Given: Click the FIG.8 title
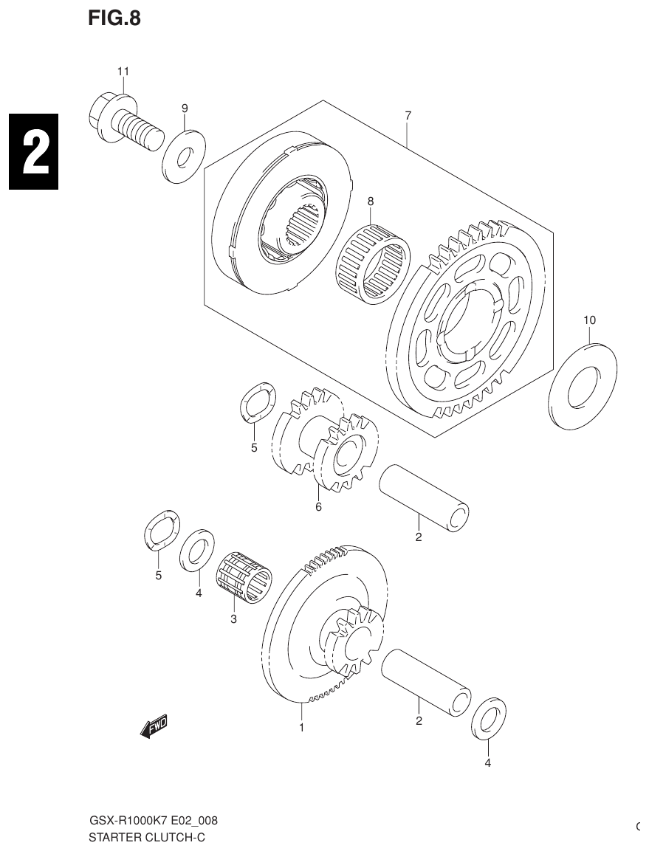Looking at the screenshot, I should (114, 18).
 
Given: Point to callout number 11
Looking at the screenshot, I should (123, 72).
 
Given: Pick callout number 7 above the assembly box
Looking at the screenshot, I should (408, 115).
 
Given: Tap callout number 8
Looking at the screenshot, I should (371, 200).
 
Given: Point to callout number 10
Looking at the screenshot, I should (589, 320).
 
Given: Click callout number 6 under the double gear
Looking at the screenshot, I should (318, 507).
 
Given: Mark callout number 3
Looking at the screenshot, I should (233, 619).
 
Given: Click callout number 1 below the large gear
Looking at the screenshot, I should (301, 728).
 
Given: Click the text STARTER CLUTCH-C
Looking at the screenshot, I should (146, 837).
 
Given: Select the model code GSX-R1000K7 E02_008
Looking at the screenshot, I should (153, 821).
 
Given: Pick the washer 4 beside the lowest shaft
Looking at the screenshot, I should (488, 717).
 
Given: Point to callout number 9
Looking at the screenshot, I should (185, 108).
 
